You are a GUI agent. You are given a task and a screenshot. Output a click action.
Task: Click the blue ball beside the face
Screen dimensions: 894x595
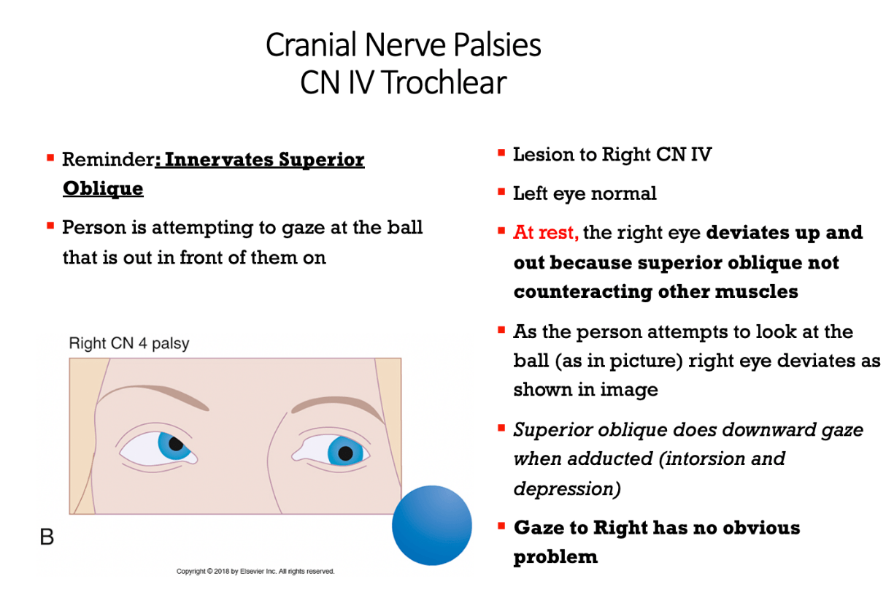pyautogui.click(x=432, y=525)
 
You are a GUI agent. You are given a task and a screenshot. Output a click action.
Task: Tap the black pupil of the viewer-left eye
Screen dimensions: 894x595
pyautogui.click(x=176, y=444)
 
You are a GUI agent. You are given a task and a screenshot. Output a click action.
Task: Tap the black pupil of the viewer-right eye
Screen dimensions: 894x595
pyautogui.click(x=345, y=453)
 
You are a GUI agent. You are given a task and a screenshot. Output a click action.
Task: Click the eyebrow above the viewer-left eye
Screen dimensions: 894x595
pyautogui.click(x=154, y=396)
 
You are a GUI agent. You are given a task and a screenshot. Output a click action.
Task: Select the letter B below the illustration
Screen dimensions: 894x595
pyautogui.click(x=47, y=537)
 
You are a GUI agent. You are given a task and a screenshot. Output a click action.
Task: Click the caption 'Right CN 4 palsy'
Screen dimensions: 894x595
pyautogui.click(x=129, y=343)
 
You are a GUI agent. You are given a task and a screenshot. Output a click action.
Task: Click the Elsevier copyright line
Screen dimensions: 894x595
pyautogui.click(x=255, y=572)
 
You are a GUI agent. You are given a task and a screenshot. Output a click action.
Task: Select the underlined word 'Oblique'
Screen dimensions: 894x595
pyautogui.click(x=103, y=188)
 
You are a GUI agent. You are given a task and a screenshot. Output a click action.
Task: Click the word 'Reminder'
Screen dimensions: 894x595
pyautogui.click(x=108, y=159)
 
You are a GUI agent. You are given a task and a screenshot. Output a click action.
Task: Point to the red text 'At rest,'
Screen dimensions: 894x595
pyautogui.click(x=546, y=232)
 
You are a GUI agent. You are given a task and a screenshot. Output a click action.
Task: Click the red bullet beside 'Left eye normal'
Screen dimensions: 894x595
pyautogui.click(x=501, y=192)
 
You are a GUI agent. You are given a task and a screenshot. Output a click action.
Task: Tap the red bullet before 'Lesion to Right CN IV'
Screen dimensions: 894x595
pyautogui.click(x=501, y=153)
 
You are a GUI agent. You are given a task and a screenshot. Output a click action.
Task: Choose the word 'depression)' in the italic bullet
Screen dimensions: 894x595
pyautogui.click(x=567, y=488)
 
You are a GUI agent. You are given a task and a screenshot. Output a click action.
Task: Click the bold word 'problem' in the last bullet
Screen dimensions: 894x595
pyautogui.click(x=555, y=556)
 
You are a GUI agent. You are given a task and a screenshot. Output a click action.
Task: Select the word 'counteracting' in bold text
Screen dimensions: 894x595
pyautogui.click(x=582, y=291)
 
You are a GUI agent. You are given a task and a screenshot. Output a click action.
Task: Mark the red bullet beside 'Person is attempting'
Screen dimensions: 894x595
pyautogui.click(x=50, y=226)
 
